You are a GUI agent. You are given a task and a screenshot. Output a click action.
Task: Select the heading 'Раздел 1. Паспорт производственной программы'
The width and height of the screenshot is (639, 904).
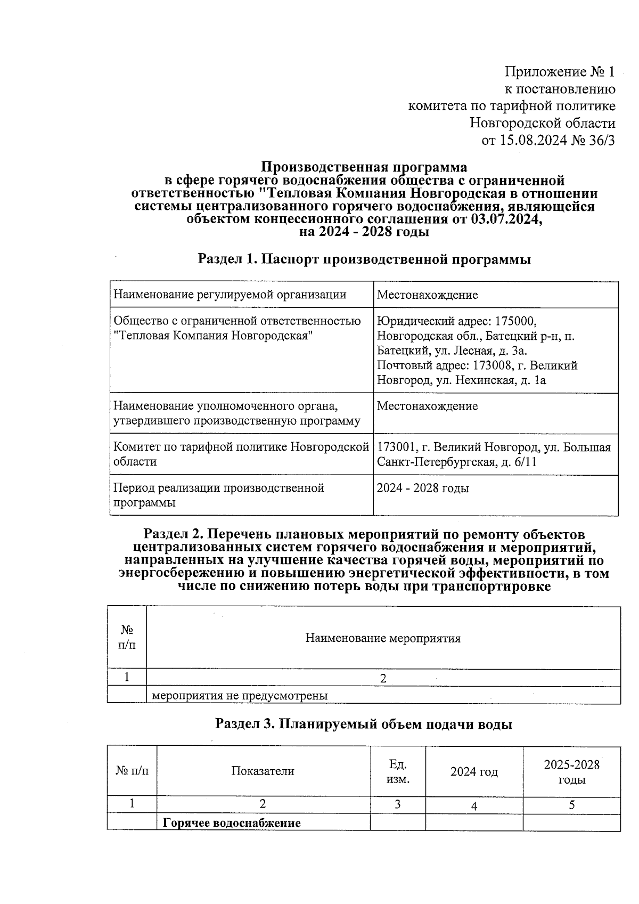coord(364,259)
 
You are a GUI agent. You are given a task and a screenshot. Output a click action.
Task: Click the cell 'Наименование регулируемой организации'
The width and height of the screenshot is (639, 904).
coord(230,295)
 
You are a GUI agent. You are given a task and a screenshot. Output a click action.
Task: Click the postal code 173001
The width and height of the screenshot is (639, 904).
coord(395,447)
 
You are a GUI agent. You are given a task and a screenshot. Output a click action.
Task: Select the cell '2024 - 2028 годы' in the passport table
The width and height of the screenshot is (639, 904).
coord(423,488)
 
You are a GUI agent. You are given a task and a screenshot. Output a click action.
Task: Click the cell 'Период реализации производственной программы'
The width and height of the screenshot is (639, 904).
coord(219,495)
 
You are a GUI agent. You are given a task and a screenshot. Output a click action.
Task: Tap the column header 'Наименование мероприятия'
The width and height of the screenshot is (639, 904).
coord(383,638)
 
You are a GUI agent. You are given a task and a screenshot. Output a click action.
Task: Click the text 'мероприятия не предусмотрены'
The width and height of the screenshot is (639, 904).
coord(240,695)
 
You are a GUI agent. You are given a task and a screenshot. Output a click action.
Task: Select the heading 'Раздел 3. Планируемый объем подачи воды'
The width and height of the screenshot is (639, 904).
coord(364,724)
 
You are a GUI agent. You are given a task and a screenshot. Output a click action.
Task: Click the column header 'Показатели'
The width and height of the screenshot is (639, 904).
coord(263,771)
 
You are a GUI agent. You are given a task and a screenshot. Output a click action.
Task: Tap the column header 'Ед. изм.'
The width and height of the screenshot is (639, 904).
coord(397,772)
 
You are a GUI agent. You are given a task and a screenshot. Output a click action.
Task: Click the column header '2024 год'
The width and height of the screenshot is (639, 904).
coord(474,772)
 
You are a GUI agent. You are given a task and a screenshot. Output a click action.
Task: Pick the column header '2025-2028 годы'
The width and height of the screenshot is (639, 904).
coord(571,772)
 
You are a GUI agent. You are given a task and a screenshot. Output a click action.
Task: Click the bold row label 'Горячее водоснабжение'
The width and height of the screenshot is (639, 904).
coord(232,822)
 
